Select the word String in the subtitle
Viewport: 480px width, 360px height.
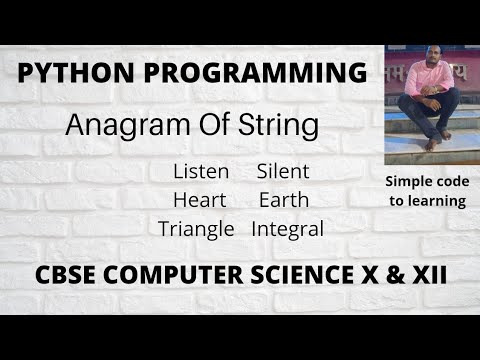pyautogui.click(x=283, y=127)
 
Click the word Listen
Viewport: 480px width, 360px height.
pyautogui.click(x=200, y=172)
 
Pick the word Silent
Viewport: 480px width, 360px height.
pyautogui.click(x=283, y=172)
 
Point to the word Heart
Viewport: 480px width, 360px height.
pyautogui.click(x=200, y=200)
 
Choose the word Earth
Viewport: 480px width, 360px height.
pyautogui.click(x=283, y=200)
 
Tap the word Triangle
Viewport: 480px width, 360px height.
pyautogui.click(x=196, y=228)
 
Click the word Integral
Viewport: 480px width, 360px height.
pyautogui.click(x=288, y=228)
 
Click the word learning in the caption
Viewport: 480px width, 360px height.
pyautogui.click(x=439, y=200)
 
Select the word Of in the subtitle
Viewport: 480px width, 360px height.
pyautogui.click(x=211, y=127)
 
